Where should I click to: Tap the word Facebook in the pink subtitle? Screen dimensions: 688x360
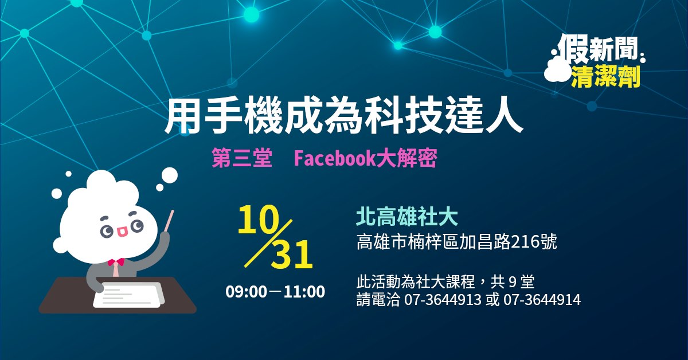click(335, 159)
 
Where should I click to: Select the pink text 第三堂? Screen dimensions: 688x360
click(242, 159)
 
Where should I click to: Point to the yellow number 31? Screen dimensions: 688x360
click(292, 255)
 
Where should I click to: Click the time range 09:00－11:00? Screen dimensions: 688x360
click(275, 292)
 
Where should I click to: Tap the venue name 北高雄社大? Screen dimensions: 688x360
click(407, 217)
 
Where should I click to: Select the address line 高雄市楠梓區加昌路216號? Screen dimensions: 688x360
click(457, 242)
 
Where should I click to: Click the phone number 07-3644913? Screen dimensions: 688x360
click(443, 300)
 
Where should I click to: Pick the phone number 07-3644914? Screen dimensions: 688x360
click(542, 300)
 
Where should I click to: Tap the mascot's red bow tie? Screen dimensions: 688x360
click(116, 262)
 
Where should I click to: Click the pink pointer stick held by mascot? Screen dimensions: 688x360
click(169, 220)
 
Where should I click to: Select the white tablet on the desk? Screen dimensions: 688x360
click(129, 294)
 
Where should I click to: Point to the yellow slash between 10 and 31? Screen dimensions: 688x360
click(268, 242)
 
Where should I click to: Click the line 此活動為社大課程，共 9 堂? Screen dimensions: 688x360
click(445, 281)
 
